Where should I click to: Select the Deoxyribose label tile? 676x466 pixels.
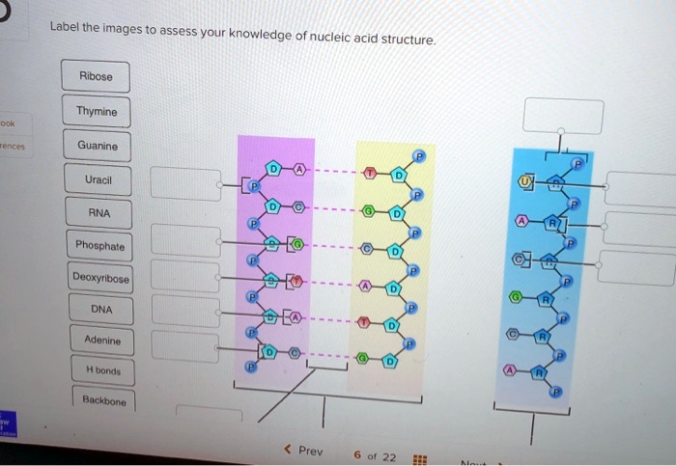100,279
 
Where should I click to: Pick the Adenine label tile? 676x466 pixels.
102,341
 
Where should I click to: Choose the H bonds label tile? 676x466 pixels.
103,370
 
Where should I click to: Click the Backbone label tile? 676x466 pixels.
104,398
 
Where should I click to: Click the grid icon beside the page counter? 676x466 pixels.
418,458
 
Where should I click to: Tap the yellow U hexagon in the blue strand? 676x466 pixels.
526,180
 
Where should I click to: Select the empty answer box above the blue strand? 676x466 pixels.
563,116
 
